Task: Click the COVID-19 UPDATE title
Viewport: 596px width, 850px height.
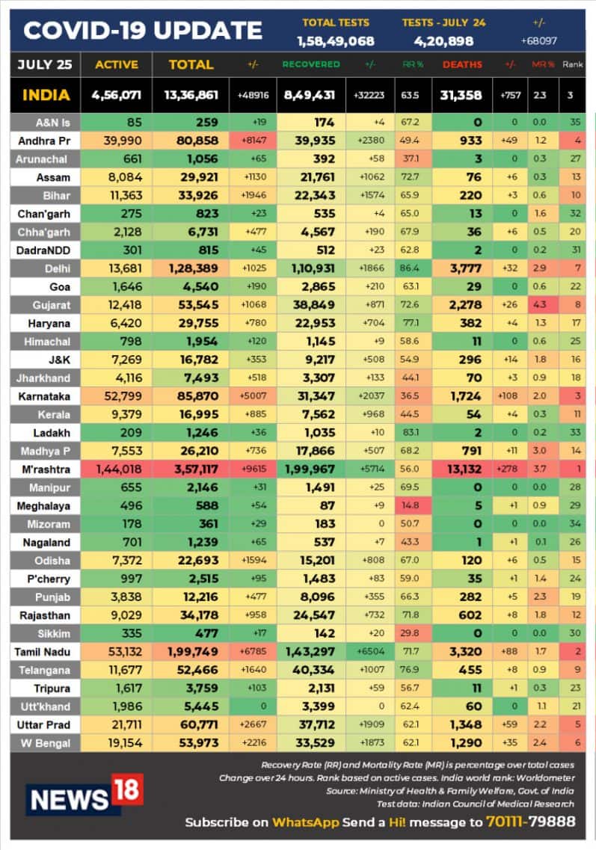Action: point(143,31)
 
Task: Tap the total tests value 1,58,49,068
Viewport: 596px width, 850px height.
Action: point(335,40)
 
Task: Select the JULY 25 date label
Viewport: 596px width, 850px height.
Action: point(45,65)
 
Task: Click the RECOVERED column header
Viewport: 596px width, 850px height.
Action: point(310,65)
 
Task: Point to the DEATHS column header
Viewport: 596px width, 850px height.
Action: point(462,65)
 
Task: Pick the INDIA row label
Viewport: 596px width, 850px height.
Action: point(46,95)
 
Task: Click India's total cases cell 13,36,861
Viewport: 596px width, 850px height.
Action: point(190,96)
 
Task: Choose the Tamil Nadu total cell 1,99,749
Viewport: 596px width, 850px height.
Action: point(190,653)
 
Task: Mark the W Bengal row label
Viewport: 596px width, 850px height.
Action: point(47,742)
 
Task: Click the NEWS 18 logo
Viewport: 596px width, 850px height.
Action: point(83,795)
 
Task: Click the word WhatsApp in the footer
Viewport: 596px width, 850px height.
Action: point(305,822)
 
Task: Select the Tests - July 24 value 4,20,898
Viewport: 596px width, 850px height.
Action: point(443,40)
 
